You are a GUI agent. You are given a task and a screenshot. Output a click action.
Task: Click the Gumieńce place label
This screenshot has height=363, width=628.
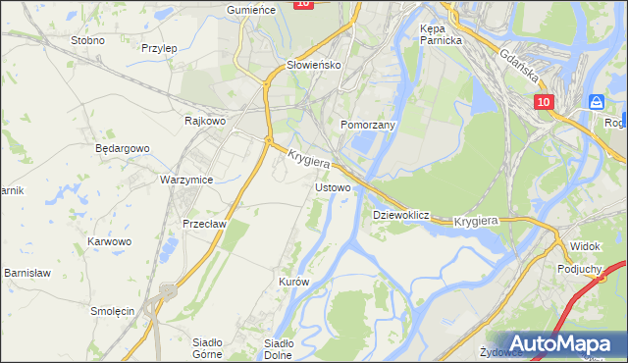click(x=248, y=9)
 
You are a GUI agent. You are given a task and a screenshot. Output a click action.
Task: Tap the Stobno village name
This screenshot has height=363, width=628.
click(x=88, y=41)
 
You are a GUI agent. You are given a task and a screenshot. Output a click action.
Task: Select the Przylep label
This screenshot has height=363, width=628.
click(x=158, y=47)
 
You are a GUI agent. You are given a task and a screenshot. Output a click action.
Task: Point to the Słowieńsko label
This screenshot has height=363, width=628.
click(x=312, y=65)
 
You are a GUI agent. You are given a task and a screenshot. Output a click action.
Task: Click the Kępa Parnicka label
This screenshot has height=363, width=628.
click(x=440, y=35)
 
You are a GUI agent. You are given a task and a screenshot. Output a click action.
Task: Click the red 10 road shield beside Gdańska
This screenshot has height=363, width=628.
click(x=545, y=102)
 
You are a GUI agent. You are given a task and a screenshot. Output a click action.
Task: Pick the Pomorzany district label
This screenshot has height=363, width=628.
click(x=367, y=126)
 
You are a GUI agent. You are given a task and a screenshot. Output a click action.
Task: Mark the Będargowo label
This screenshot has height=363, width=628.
click(x=122, y=148)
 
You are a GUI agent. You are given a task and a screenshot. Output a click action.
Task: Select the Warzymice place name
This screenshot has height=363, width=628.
click(x=186, y=180)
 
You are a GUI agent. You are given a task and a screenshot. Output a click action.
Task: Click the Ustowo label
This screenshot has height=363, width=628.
click(x=333, y=186)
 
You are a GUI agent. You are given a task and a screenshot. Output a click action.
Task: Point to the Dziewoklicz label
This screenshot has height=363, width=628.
click(x=401, y=214)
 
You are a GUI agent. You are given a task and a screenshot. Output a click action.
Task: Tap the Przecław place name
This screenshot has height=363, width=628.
click(x=205, y=224)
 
